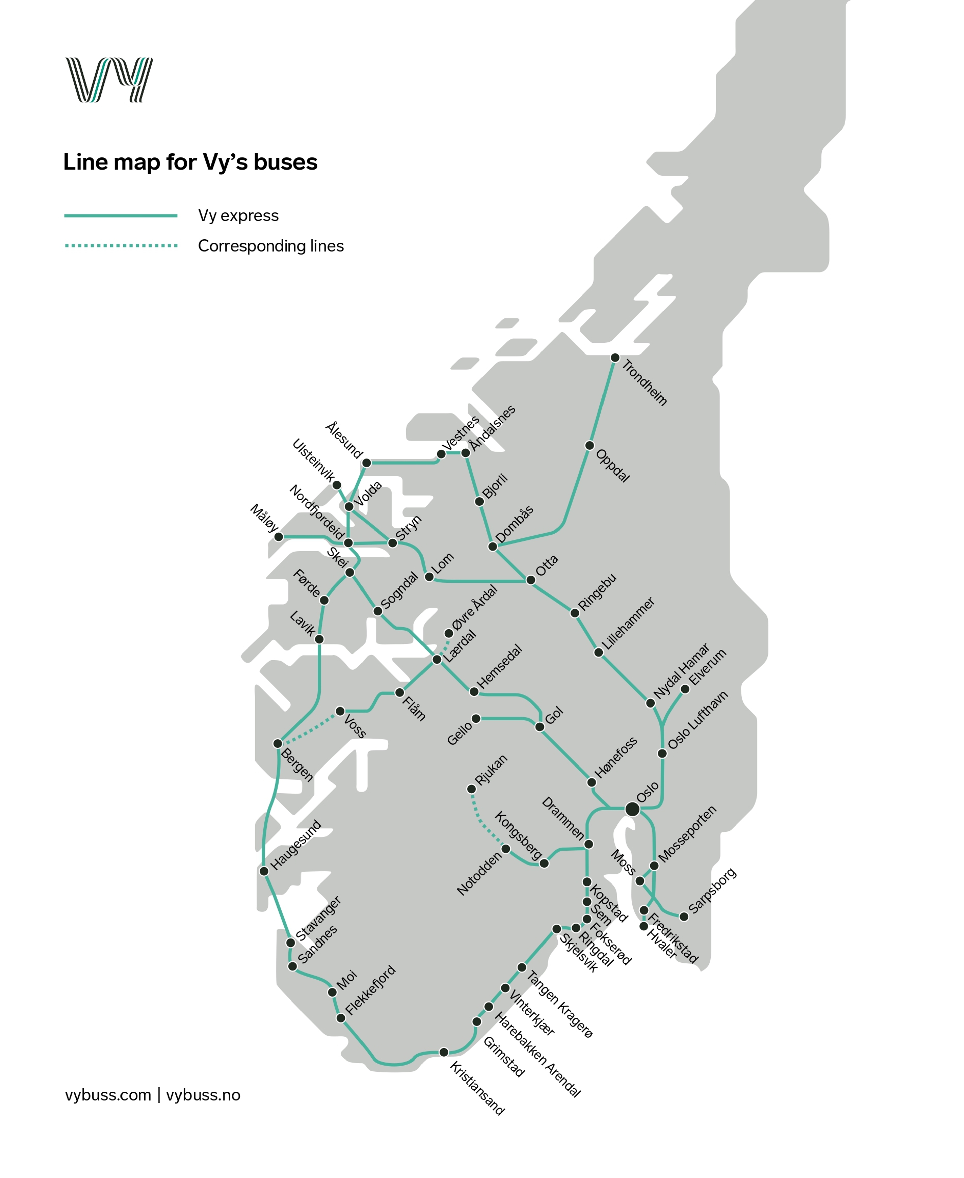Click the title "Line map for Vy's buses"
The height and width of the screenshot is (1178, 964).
(x=190, y=162)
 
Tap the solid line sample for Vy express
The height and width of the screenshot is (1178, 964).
(x=120, y=215)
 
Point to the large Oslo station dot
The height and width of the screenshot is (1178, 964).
(x=632, y=809)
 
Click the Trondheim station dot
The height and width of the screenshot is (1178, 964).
(x=615, y=358)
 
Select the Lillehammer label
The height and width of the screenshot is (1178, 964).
(x=629, y=623)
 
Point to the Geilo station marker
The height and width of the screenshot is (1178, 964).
(x=476, y=719)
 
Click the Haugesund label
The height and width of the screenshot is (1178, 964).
(x=295, y=845)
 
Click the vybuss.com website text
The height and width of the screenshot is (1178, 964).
(x=108, y=1095)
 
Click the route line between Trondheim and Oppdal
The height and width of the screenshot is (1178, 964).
(x=602, y=401)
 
